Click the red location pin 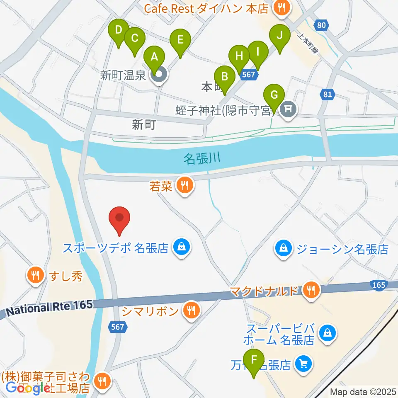(120, 218)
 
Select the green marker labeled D (119, 31)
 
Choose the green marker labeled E (180, 41)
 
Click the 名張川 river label (201, 158)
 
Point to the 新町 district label (143, 124)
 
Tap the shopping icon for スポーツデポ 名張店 (182, 248)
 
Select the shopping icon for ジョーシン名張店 (283, 249)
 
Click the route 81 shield (328, 95)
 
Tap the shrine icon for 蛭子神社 (287, 109)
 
